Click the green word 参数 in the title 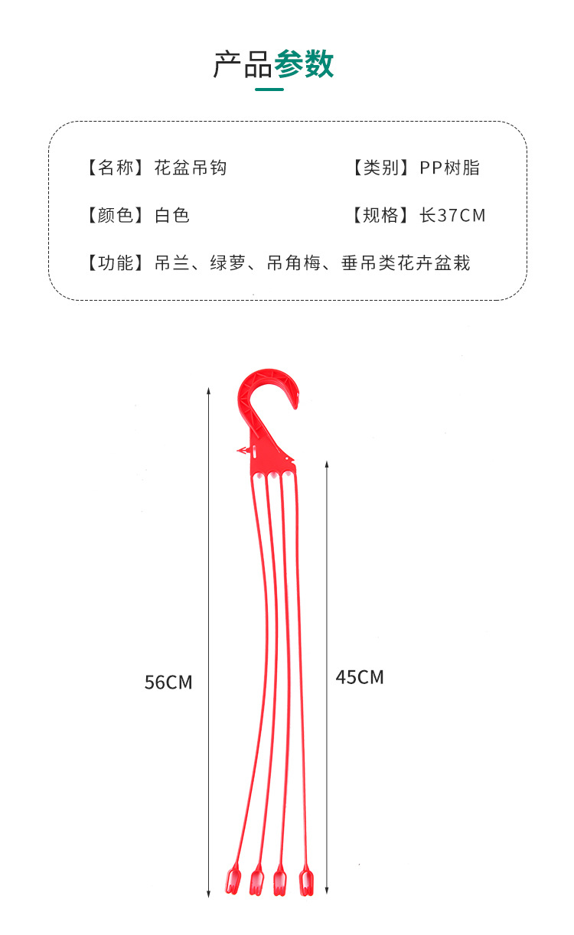click(x=304, y=65)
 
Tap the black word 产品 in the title click(x=243, y=65)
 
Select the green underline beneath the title click(x=269, y=90)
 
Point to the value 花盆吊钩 click(x=191, y=168)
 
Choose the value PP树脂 click(x=449, y=168)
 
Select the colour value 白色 click(x=172, y=215)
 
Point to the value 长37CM click(x=452, y=215)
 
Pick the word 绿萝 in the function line click(x=227, y=263)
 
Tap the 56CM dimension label click(x=168, y=682)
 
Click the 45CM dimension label click(x=360, y=677)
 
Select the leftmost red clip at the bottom click(x=233, y=881)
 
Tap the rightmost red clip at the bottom click(x=306, y=881)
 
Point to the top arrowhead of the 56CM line click(x=209, y=391)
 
